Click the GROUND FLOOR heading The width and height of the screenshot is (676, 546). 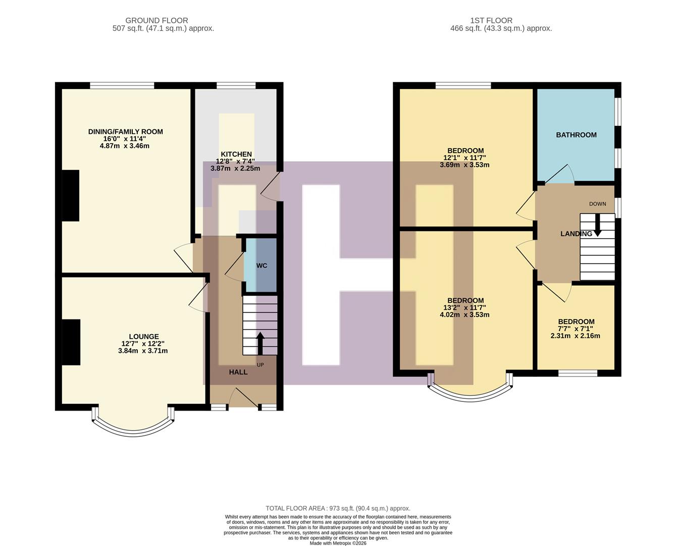pos(157,21)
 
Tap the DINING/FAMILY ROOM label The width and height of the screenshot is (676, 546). pos(125,132)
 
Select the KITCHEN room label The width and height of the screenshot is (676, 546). pos(236,154)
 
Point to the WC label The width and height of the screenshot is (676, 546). pos(262,266)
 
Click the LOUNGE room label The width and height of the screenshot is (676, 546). pos(143,337)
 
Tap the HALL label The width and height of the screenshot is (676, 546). pos(238,372)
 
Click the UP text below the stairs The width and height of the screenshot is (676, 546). pos(261,365)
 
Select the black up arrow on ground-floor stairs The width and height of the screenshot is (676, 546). pos(261,343)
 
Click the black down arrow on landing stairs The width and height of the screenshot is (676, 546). pos(598,225)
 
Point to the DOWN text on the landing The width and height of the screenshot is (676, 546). pos(597,204)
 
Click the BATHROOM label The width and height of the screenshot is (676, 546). pos(576,135)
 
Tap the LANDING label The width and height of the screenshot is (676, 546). pos(576,234)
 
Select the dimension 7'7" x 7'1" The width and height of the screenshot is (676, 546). pos(576,329)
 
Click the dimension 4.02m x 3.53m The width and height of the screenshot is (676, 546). pos(464,314)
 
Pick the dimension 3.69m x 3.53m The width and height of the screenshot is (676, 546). pos(464,165)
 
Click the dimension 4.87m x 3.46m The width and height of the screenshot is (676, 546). pos(125,146)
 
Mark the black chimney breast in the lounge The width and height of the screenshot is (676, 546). pos(71,342)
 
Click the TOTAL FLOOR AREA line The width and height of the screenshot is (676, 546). pos(338,508)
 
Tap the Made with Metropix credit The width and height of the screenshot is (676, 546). pos(338,543)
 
